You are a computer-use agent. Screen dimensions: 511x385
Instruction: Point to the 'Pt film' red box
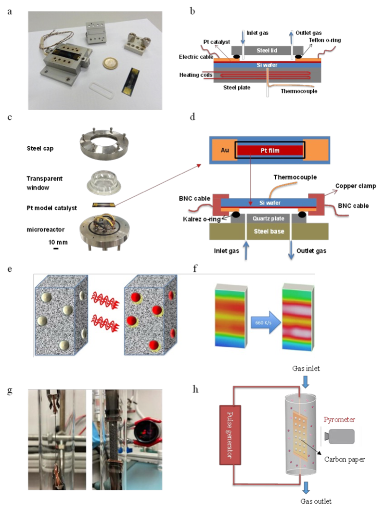pyautogui.click(x=269, y=150)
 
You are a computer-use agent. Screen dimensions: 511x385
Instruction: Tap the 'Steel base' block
pyautogui.click(x=269, y=231)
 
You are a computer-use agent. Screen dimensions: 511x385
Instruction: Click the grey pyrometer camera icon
pyautogui.click(x=344, y=436)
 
